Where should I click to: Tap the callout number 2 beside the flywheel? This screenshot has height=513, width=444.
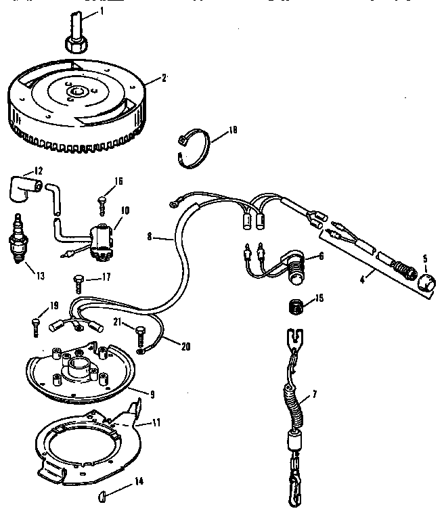point(164,78)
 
